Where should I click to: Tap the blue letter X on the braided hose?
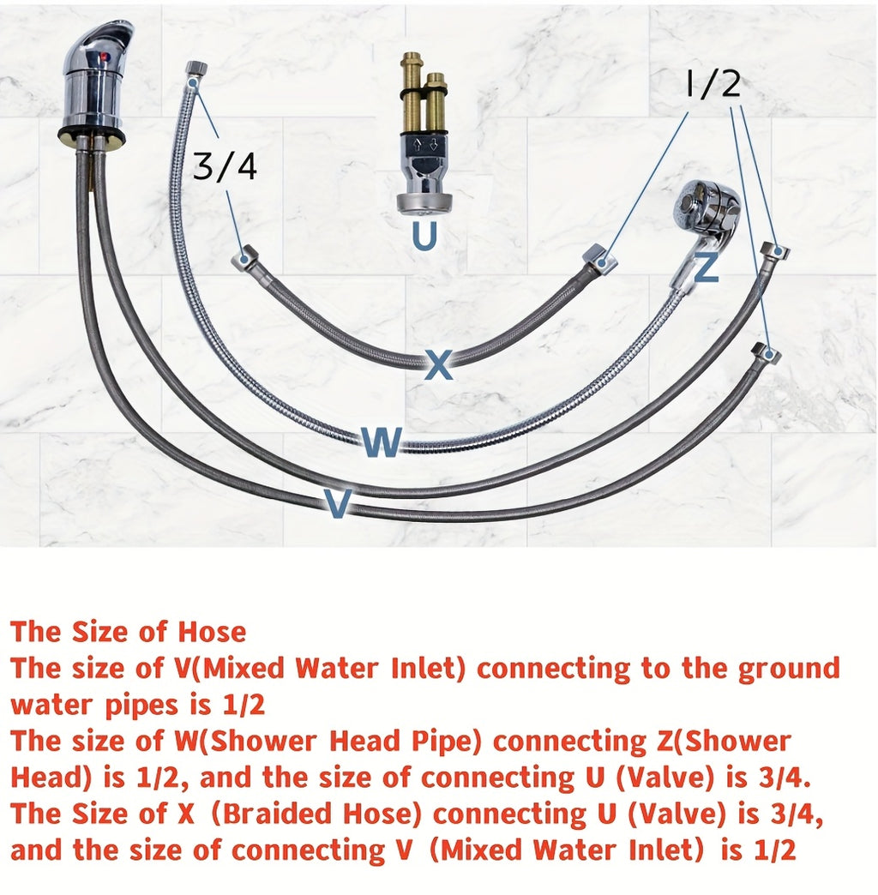(x=439, y=364)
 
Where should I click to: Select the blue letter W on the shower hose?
(x=382, y=441)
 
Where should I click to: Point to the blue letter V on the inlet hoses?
(x=337, y=503)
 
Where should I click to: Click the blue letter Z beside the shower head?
(x=707, y=267)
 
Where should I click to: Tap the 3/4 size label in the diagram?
(x=225, y=166)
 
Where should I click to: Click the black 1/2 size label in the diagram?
(x=713, y=85)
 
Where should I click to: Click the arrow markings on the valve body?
(x=424, y=143)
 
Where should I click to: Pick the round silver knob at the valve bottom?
(x=424, y=203)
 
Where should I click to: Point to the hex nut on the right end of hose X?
(x=600, y=260)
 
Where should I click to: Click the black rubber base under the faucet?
(x=92, y=135)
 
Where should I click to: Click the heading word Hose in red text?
(x=212, y=632)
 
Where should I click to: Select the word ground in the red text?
(x=789, y=670)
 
